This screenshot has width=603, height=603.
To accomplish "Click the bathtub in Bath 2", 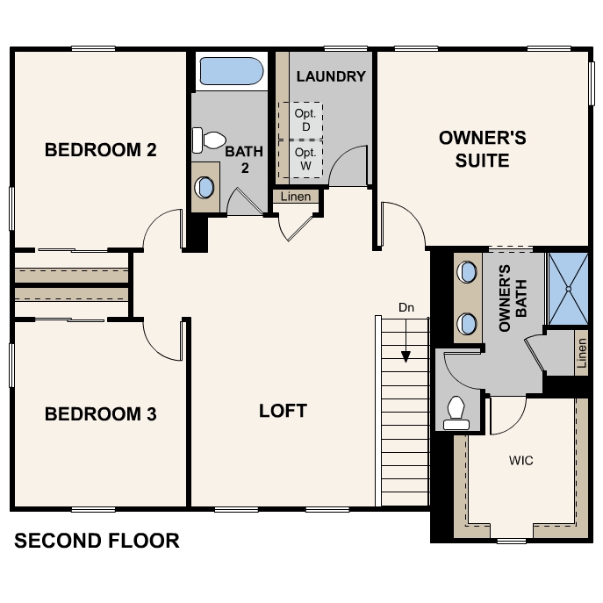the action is [x=232, y=71].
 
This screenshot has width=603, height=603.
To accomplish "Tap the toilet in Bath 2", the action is [x=208, y=140].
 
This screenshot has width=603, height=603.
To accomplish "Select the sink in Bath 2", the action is [x=205, y=188].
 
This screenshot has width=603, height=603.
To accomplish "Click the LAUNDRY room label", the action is [x=331, y=76].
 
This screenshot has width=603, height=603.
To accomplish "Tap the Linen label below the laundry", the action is [x=295, y=197].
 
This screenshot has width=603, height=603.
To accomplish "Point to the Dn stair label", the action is [x=406, y=308].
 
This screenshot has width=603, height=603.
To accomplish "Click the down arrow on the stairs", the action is [x=406, y=341].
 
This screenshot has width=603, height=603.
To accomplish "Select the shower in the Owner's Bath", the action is [x=569, y=289].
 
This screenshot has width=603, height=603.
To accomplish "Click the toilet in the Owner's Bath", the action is [x=456, y=413].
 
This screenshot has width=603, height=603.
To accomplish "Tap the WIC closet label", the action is [x=521, y=460].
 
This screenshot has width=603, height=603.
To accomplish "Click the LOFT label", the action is [x=283, y=411].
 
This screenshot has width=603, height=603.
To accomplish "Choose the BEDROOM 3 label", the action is [x=101, y=413].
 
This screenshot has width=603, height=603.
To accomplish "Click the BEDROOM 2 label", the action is [x=101, y=149].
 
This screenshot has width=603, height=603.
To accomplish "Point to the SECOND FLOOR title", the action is [x=97, y=541].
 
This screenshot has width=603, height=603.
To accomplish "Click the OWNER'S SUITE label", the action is [x=482, y=149].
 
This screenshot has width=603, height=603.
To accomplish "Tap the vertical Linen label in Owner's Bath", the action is [x=582, y=353].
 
